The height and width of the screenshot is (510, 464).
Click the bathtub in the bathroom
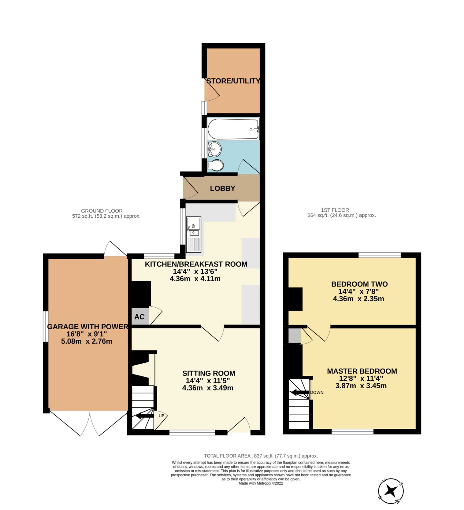233,129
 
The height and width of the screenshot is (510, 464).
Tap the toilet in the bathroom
216,165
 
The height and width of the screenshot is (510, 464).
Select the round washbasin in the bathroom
214,148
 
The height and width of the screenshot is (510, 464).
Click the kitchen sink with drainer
194,235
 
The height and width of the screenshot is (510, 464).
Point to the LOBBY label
222,188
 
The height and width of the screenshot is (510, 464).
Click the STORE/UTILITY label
233,81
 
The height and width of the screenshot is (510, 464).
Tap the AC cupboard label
139,317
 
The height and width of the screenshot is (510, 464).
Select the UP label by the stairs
161,416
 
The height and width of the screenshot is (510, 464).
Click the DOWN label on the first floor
317,392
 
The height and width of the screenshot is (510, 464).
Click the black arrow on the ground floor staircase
144,416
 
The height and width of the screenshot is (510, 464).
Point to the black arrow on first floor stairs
299,392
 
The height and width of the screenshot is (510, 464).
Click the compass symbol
391,491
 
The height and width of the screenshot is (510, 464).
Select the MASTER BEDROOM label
362,371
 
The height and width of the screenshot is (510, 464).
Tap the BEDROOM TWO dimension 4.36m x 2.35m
358,299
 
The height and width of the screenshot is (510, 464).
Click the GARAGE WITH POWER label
87,327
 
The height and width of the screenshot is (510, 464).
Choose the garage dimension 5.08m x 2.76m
86,341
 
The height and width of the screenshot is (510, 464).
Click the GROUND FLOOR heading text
102,211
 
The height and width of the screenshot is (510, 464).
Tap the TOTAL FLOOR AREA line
261,456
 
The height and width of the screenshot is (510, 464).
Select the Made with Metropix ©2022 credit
261,483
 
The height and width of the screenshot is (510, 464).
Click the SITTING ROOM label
209,373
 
